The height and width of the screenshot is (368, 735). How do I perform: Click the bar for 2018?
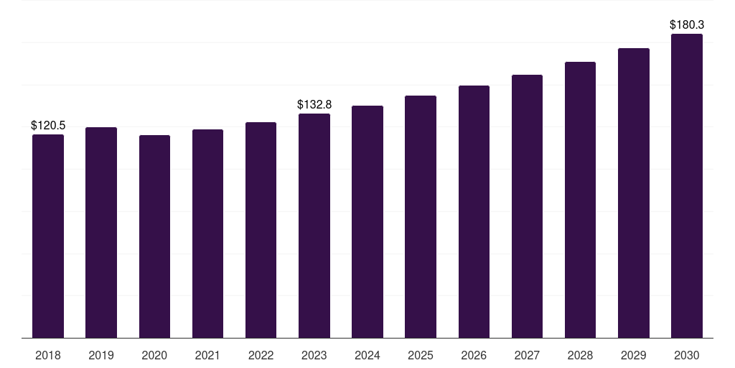click(48, 236)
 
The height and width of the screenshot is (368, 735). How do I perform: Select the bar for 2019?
click(101, 233)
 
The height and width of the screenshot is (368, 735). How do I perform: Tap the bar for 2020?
click(155, 236)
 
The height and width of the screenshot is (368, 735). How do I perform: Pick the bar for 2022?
click(261, 230)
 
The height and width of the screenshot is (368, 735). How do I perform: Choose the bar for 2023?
click(314, 226)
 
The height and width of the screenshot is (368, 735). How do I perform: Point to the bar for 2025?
click(421, 217)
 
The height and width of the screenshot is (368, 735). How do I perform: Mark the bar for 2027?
click(527, 206)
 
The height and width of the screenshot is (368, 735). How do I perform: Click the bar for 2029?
click(634, 193)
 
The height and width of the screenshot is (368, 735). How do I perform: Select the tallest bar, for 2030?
click(687, 186)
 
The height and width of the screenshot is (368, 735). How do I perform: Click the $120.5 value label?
click(48, 125)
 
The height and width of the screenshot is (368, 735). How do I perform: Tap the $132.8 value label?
click(314, 104)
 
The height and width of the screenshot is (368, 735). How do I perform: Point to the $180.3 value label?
click(687, 24)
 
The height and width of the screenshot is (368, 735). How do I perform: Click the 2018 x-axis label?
click(48, 355)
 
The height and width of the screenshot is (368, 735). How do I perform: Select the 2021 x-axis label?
click(207, 355)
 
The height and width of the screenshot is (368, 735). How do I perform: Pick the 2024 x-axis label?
click(367, 355)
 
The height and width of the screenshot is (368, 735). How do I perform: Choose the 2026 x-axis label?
click(474, 355)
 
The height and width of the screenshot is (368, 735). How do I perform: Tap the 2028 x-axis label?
click(580, 355)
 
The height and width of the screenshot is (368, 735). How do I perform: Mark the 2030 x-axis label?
click(687, 355)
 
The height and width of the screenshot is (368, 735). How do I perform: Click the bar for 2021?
click(207, 234)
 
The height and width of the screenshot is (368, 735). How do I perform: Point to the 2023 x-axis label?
click(314, 355)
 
